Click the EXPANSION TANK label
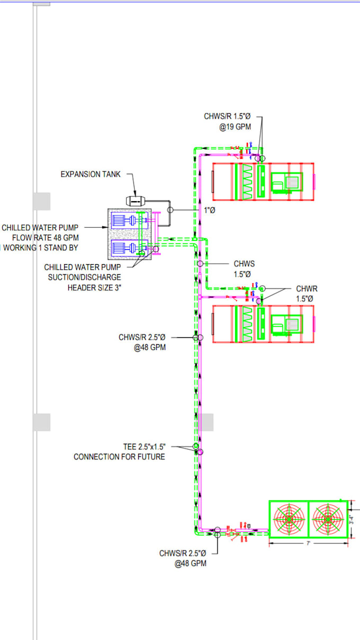[91, 174]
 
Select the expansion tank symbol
[135, 201]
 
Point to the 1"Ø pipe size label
[210, 210]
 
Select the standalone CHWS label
[245, 264]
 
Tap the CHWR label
[307, 289]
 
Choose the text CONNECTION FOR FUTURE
[119, 457]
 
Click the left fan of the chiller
[289, 519]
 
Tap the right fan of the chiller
[328, 519]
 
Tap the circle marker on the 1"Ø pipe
[170, 210]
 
